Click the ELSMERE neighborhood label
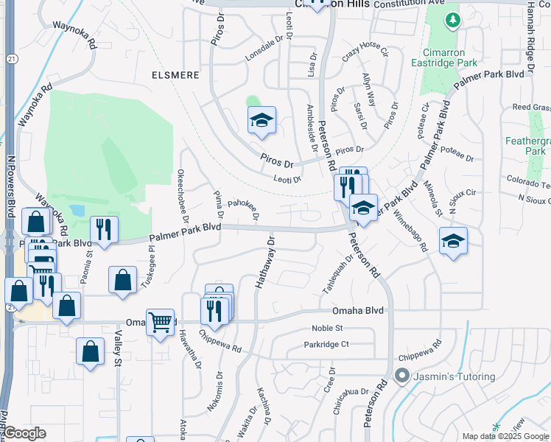pos(174,75)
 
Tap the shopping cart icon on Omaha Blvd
pos(160,322)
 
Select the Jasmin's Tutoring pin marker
pos(401,376)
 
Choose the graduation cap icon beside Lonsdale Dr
pos(261,120)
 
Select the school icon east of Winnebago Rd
pos(453,241)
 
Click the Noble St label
pos(327,328)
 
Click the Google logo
pos(24,433)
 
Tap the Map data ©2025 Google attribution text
pos(505,436)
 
